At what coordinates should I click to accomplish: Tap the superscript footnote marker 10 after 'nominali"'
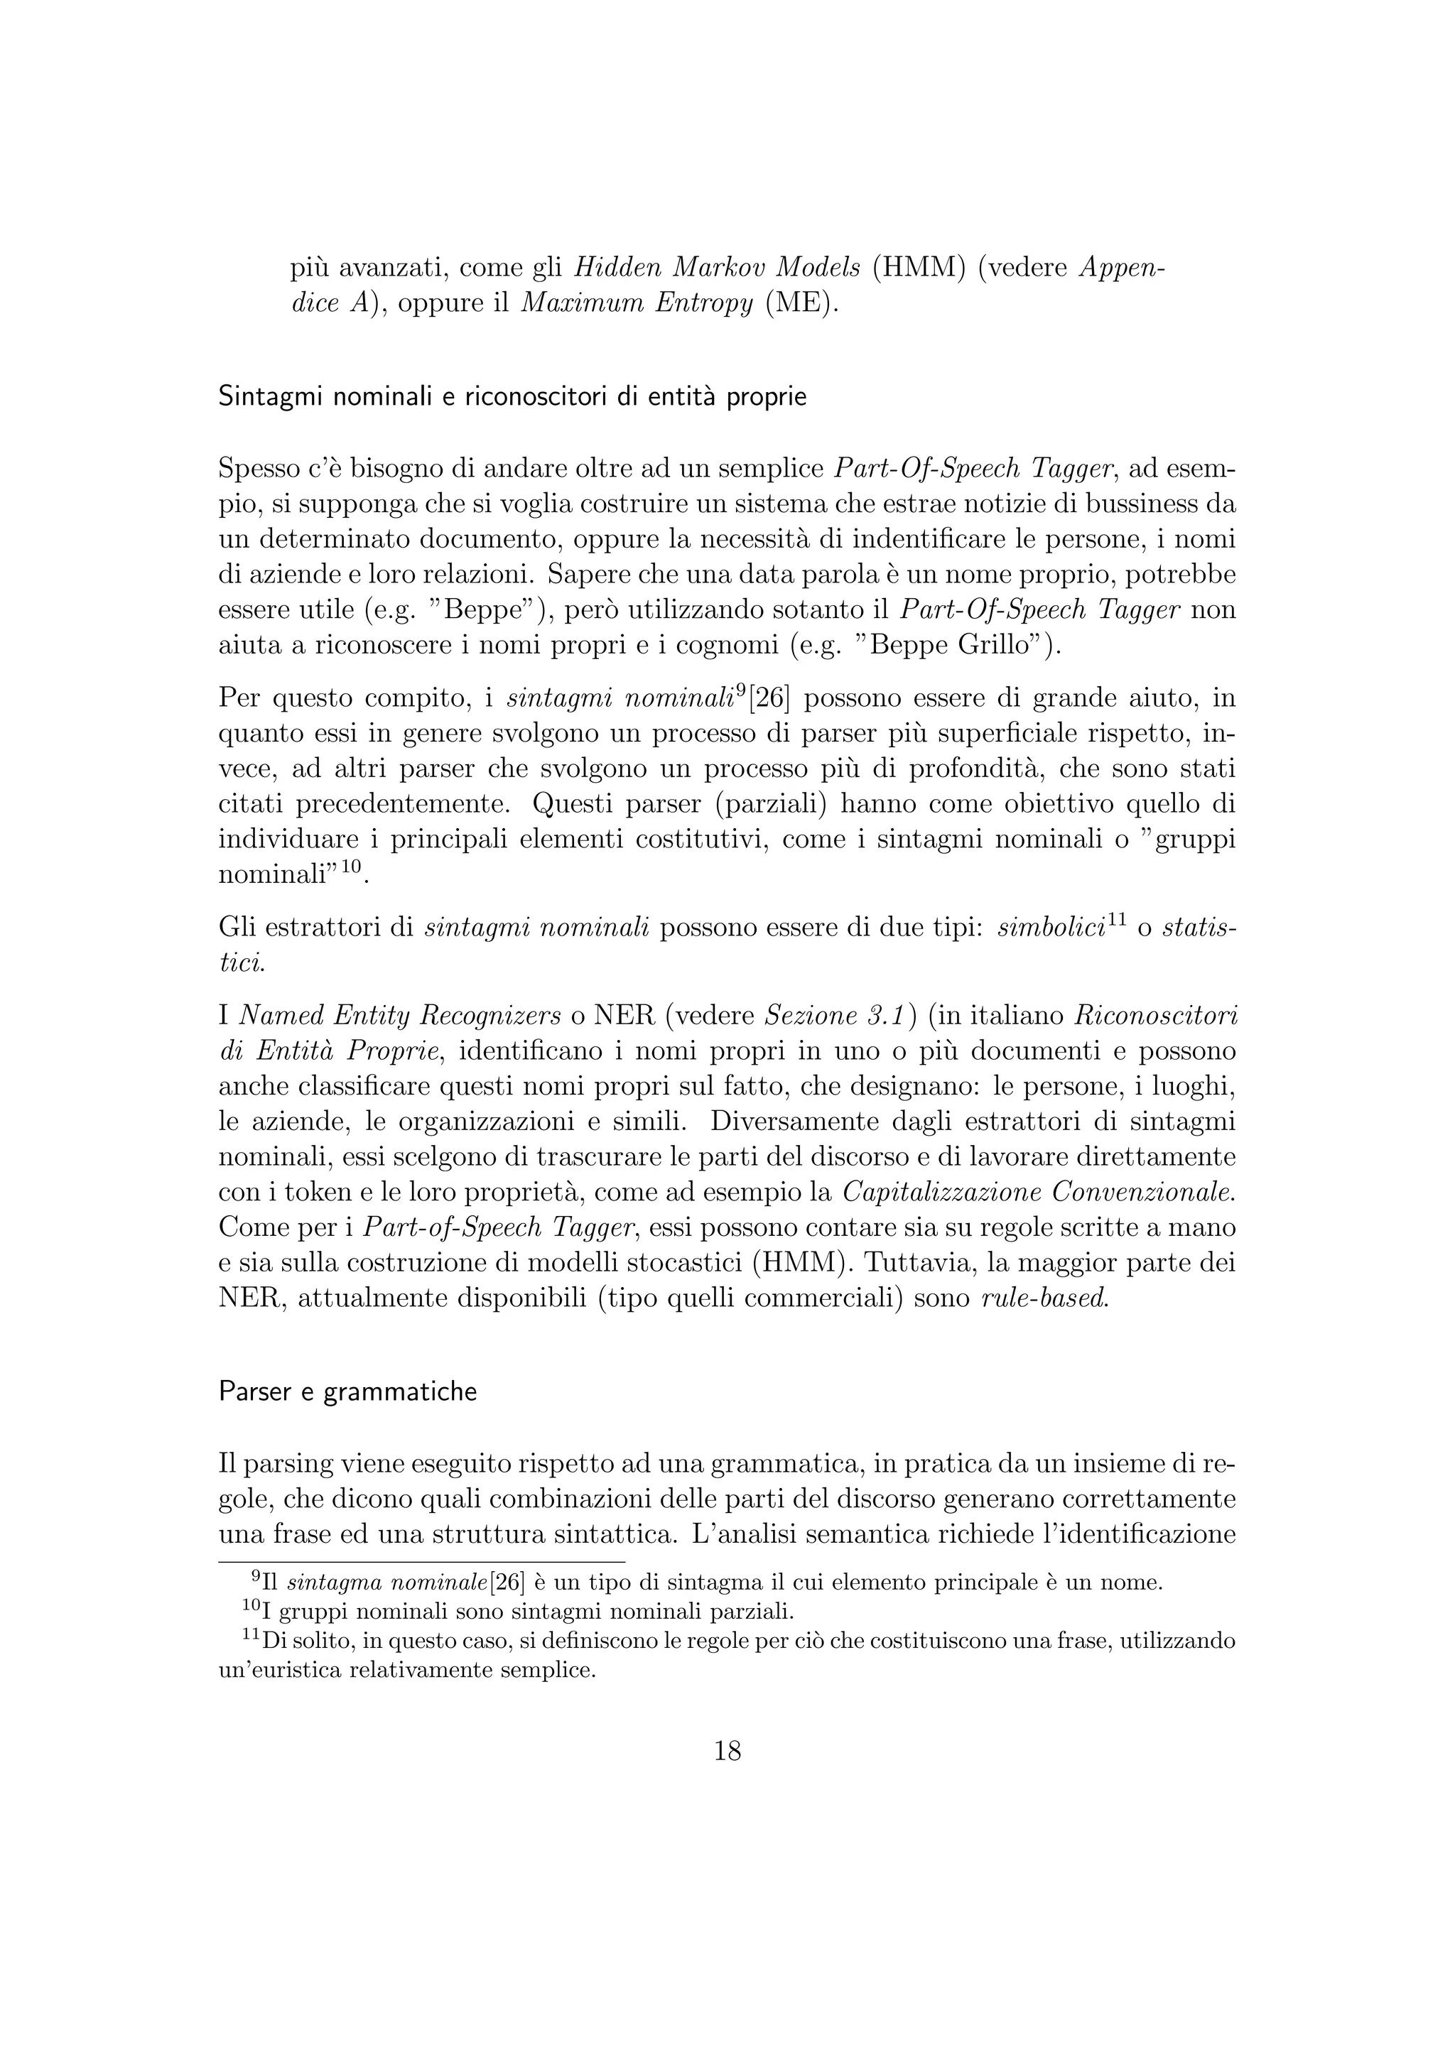click(350, 867)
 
